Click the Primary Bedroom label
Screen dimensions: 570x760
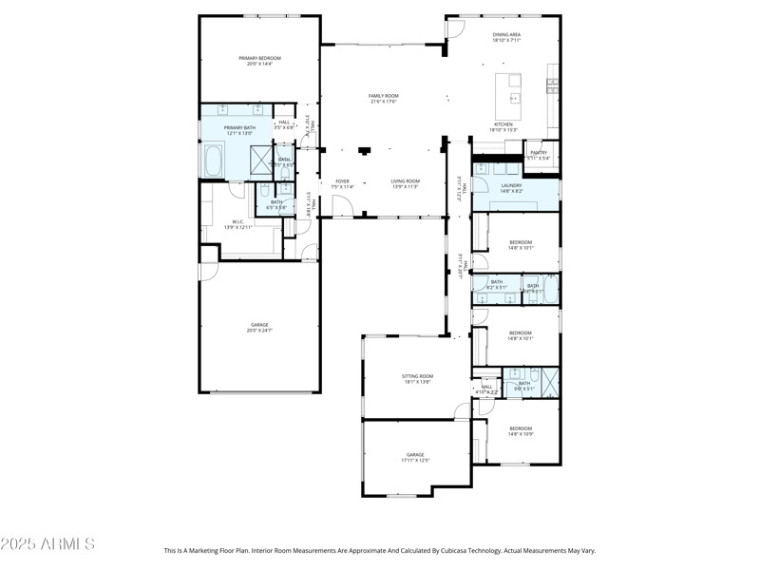(259, 58)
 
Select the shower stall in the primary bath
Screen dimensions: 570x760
(261, 158)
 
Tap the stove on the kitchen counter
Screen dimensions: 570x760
(552, 86)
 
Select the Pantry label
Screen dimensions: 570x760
(539, 152)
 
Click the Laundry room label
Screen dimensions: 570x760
(511, 185)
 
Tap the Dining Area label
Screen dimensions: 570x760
(506, 35)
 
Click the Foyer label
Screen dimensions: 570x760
(342, 180)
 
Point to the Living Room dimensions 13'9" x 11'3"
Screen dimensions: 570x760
(405, 187)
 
